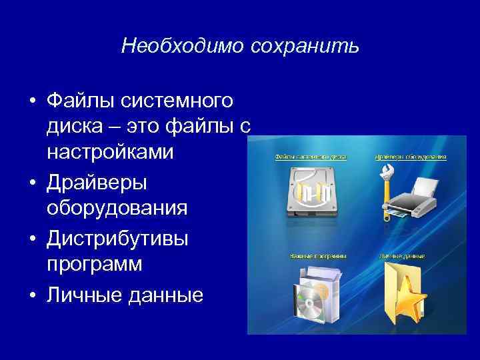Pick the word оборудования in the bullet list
coord(117,208)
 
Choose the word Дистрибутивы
coord(117,237)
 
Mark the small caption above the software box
coord(318,255)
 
